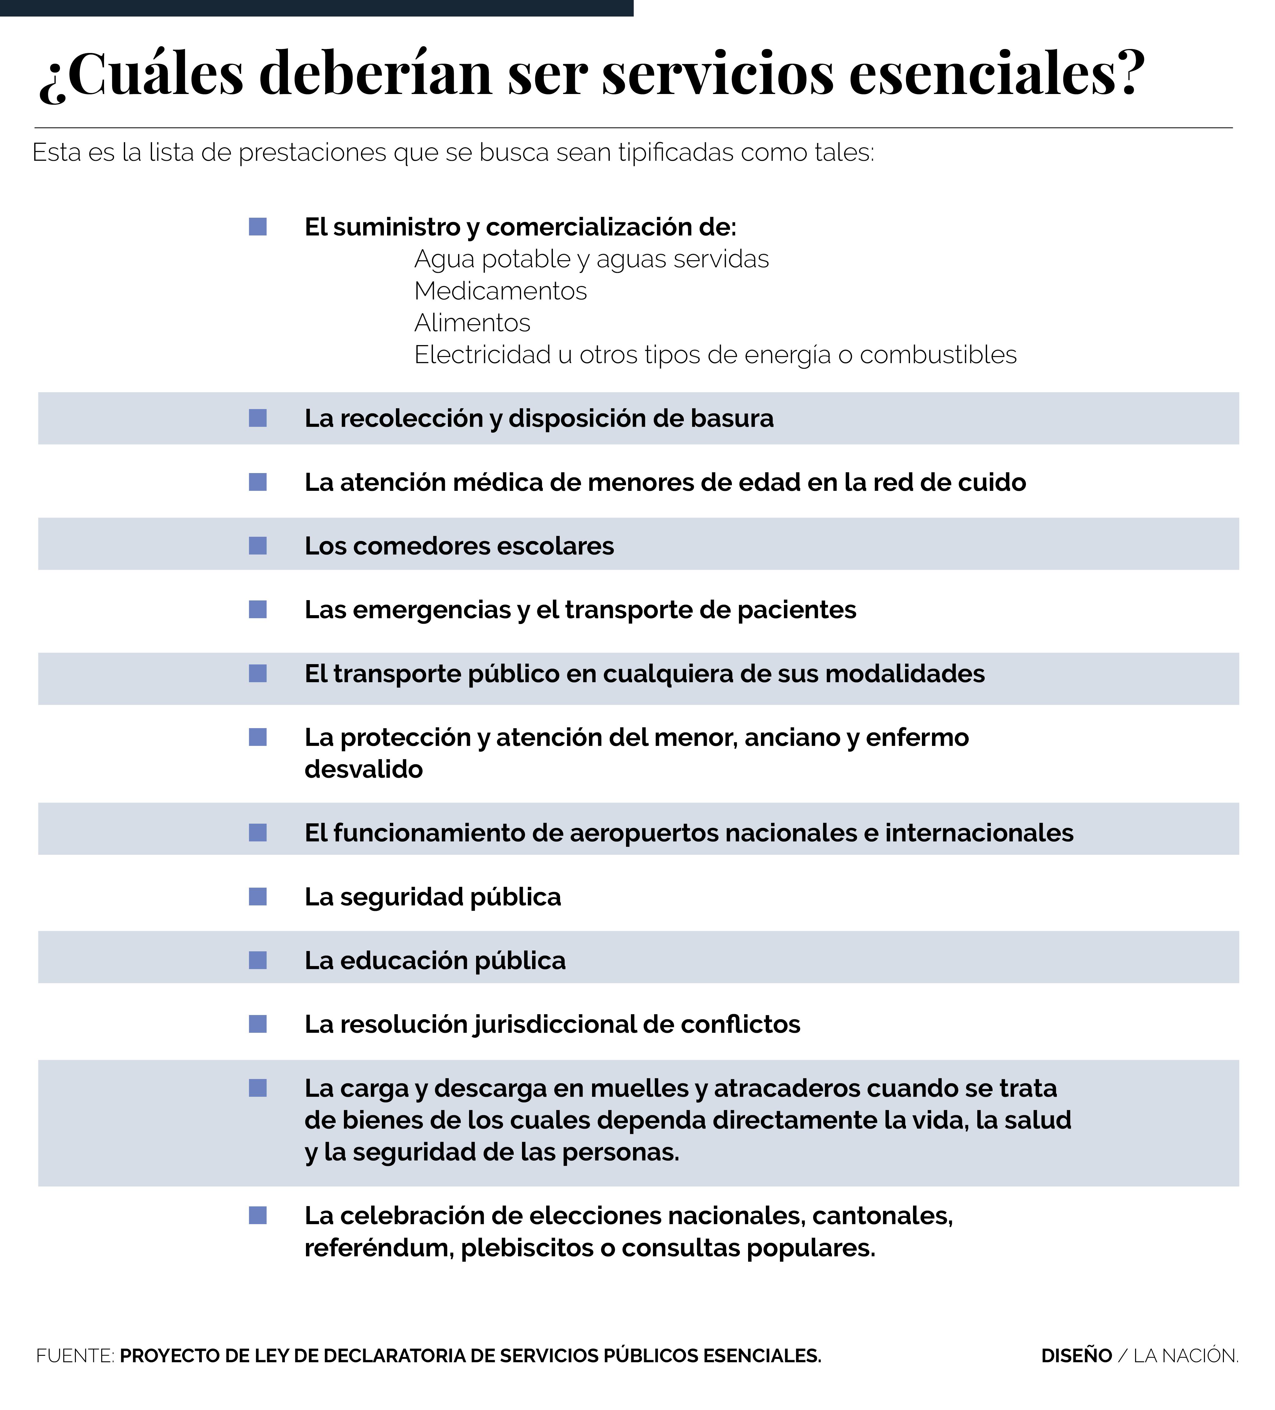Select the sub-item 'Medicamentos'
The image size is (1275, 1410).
(501, 291)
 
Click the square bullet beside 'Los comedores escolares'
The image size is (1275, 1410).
(258, 546)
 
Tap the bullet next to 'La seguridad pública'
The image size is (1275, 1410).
(258, 897)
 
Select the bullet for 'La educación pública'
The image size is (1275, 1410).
(258, 960)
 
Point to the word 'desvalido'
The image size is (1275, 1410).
(363, 769)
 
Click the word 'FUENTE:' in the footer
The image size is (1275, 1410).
(75, 1355)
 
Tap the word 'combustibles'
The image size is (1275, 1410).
(938, 355)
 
